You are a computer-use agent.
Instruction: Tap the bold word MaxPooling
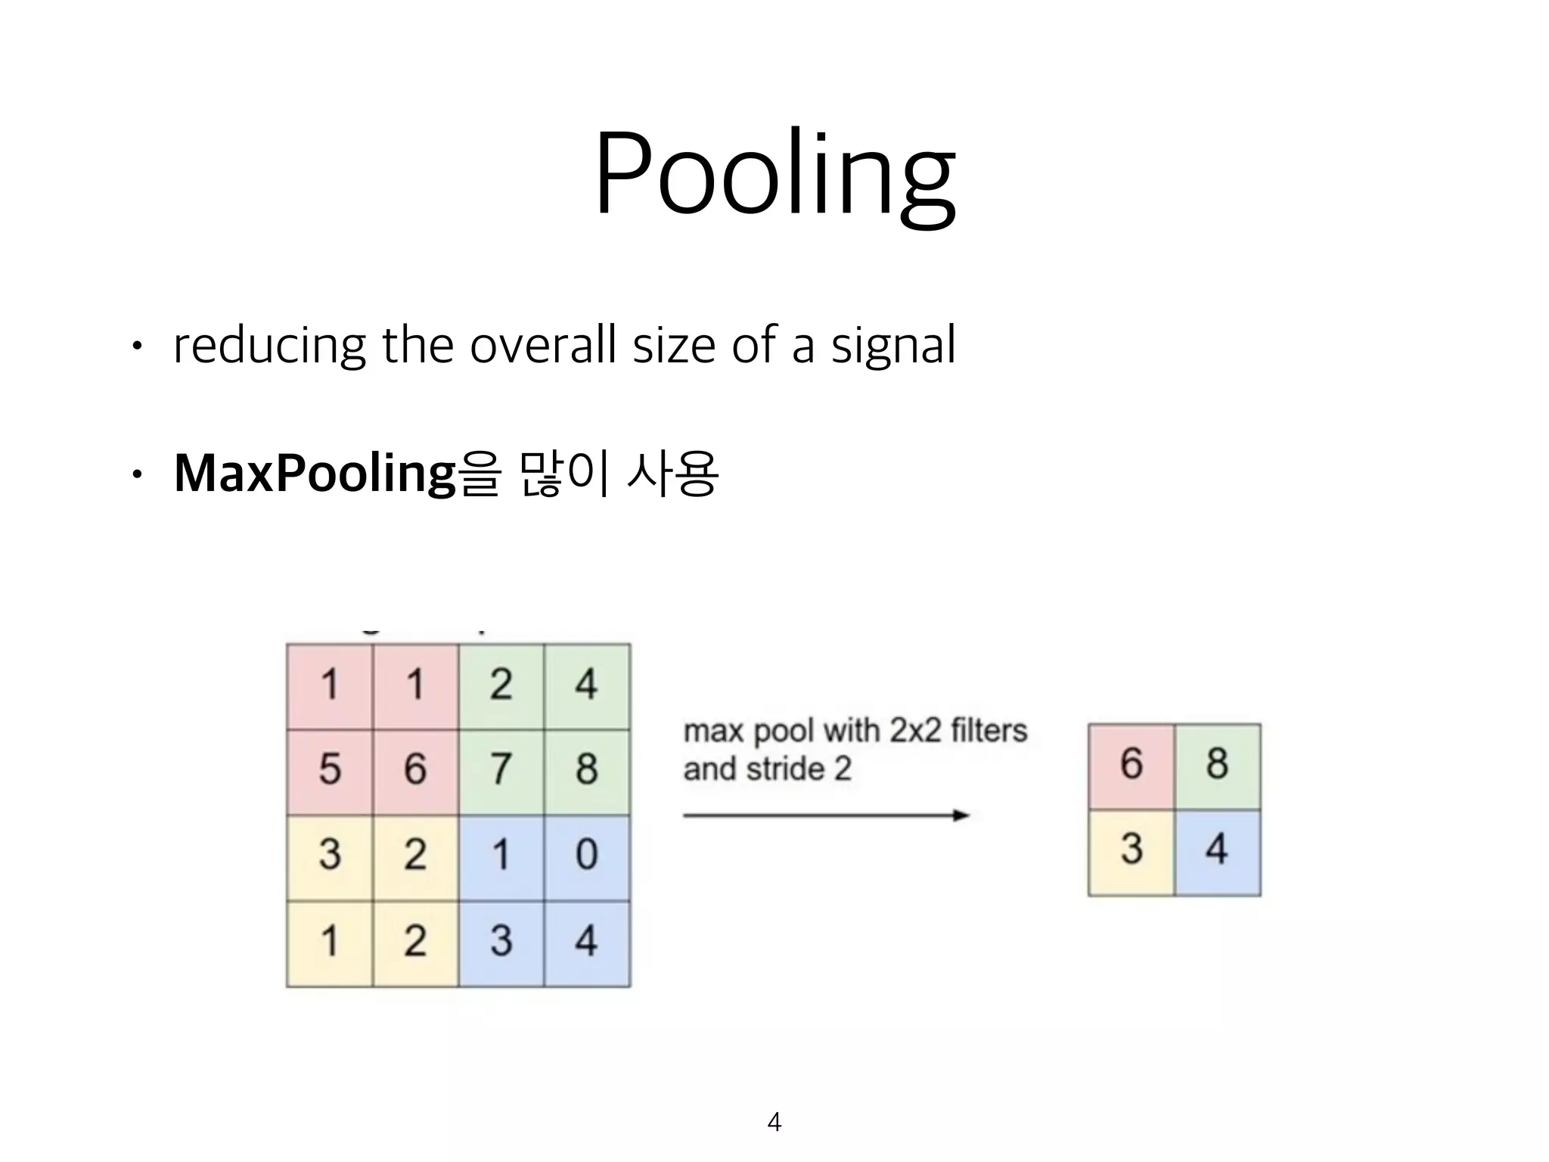(314, 473)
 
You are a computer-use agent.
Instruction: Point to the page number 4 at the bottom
(774, 1121)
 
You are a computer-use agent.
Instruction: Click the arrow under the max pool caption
(826, 815)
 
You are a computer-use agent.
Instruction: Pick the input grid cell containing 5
(330, 770)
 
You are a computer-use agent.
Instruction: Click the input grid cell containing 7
(501, 770)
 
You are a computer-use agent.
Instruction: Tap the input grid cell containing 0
(586, 856)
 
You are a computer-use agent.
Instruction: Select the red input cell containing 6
(415, 770)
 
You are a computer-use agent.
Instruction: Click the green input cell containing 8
(586, 770)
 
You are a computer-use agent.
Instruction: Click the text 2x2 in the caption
(915, 732)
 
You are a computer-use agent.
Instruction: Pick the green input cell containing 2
(501, 685)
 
